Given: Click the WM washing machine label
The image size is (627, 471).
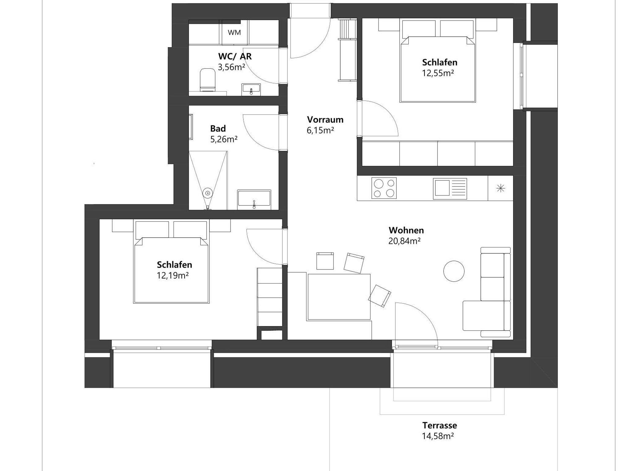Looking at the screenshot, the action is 234,32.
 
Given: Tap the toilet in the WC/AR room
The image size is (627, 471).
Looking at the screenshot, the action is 208,80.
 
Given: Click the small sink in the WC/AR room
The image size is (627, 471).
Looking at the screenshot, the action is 251,89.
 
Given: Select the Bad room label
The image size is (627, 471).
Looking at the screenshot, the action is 218,128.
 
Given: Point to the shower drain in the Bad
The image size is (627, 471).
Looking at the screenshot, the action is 208,193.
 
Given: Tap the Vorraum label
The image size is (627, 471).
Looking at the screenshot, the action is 325,119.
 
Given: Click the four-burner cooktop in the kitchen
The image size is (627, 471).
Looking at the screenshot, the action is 384,188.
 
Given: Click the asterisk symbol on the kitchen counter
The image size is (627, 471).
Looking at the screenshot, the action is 501,188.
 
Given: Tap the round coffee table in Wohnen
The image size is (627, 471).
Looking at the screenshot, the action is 454,271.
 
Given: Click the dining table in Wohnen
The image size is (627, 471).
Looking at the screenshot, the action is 339,297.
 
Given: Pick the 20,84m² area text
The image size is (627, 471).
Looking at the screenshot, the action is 404,241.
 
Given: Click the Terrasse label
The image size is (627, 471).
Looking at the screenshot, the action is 440,425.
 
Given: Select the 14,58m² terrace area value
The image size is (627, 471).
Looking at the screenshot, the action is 438,436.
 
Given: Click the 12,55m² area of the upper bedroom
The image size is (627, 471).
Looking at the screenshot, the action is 438,73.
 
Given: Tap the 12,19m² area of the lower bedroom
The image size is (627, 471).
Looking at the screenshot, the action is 173,276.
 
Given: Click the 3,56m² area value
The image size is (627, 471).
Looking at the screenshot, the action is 231,67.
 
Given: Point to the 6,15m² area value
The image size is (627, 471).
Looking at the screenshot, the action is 320,130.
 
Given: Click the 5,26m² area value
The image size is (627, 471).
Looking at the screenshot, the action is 224,140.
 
